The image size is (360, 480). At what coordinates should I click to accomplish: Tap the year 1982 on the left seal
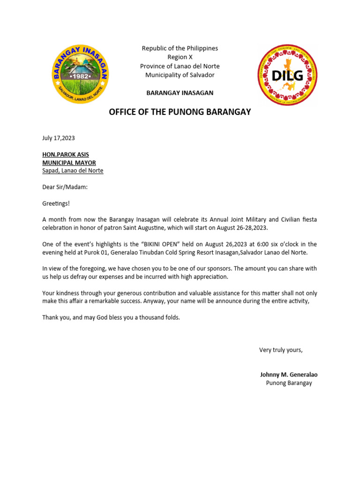click(80, 76)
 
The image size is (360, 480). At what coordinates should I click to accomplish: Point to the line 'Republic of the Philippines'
click(180, 48)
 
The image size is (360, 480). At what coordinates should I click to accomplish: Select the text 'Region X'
click(180, 57)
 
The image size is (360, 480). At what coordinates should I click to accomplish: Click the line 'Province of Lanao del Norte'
click(180, 66)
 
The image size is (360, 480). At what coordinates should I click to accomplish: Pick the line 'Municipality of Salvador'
click(180, 75)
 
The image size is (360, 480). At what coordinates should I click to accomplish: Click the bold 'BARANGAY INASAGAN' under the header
click(180, 93)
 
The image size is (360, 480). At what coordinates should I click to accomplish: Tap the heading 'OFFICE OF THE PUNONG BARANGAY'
click(180, 112)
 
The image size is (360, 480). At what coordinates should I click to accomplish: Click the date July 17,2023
click(59, 138)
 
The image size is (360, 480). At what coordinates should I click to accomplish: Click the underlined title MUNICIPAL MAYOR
click(69, 163)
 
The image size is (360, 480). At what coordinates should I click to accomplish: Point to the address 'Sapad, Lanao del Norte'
click(73, 171)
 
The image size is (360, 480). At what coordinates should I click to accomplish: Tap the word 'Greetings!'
click(56, 203)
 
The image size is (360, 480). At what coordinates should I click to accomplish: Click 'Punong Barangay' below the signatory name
click(289, 383)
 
